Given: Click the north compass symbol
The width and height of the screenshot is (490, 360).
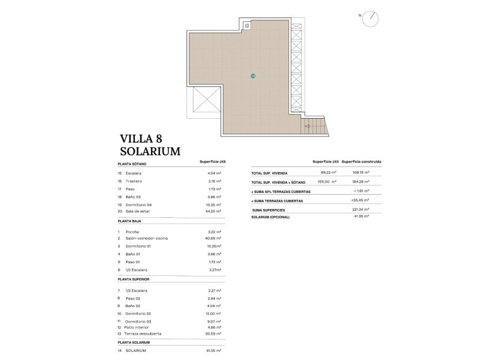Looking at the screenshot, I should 373,18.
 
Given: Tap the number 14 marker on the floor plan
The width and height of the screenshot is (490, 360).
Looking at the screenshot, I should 252,76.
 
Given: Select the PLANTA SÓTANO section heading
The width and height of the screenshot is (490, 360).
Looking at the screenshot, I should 132,164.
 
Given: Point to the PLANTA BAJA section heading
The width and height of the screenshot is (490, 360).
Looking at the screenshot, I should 129,221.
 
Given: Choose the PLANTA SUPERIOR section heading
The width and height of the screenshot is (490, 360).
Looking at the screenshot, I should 133,279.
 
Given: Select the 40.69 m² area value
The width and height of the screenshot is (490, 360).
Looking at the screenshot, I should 214,238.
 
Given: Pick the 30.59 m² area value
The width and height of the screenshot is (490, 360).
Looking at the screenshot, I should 214,334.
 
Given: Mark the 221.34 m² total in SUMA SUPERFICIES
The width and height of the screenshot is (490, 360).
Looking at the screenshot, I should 360,210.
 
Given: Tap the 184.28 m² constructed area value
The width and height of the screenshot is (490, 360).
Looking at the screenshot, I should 360,181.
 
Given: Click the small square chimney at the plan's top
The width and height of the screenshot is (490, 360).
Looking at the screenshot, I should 246,25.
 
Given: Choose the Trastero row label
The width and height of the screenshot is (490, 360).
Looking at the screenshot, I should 134,181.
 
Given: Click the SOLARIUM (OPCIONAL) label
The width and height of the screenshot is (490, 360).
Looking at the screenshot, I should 270,217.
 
